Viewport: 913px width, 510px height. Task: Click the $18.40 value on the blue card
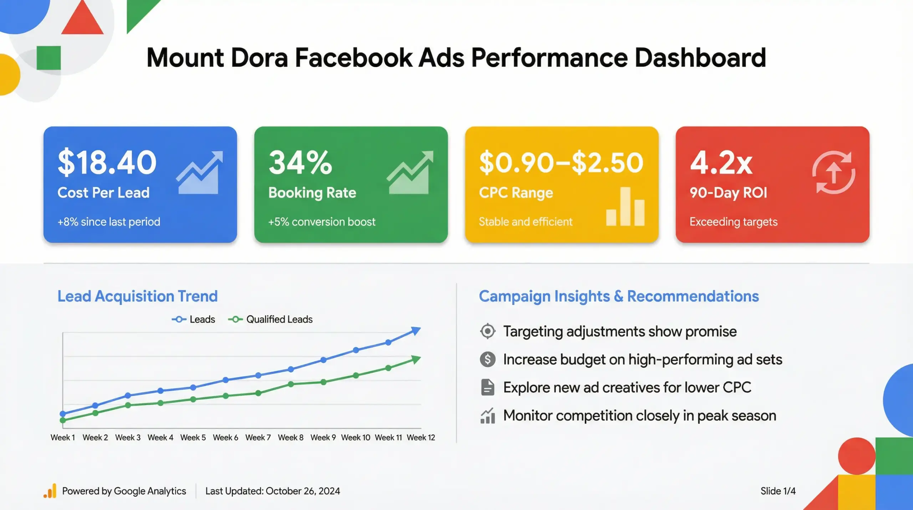(x=107, y=163)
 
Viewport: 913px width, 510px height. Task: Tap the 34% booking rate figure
(x=300, y=163)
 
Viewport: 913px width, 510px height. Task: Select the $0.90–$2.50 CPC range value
(x=561, y=163)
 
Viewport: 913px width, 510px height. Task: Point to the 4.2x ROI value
(x=721, y=163)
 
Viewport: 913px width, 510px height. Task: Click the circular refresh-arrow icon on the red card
(x=834, y=173)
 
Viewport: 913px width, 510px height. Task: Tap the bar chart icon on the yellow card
(x=625, y=207)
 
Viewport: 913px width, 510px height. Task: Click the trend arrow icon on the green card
(x=410, y=173)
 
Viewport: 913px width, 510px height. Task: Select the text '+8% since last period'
(x=109, y=222)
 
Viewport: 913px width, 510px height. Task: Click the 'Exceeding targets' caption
(x=733, y=222)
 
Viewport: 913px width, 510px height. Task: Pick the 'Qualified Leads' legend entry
(x=271, y=319)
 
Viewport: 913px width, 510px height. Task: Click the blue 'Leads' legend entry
(x=194, y=319)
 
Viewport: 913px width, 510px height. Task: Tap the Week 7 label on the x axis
(x=258, y=438)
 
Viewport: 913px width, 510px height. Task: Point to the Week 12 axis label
(x=421, y=438)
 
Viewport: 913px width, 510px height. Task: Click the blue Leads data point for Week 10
(x=356, y=350)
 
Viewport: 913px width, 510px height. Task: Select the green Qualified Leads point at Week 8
(x=291, y=384)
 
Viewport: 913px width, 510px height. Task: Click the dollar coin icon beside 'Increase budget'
(x=488, y=359)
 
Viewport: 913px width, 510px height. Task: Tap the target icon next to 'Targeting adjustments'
(x=488, y=331)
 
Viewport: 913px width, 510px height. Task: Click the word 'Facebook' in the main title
(x=353, y=58)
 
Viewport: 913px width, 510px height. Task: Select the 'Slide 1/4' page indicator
(x=778, y=491)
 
